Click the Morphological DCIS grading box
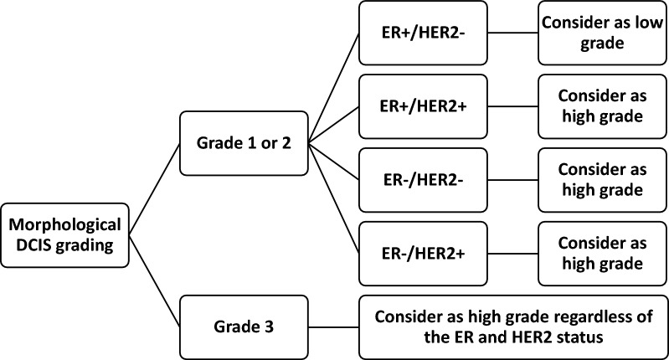click(64, 234)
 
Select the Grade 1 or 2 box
click(243, 143)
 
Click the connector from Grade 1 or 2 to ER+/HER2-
click(333, 89)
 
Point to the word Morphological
click(64, 224)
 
